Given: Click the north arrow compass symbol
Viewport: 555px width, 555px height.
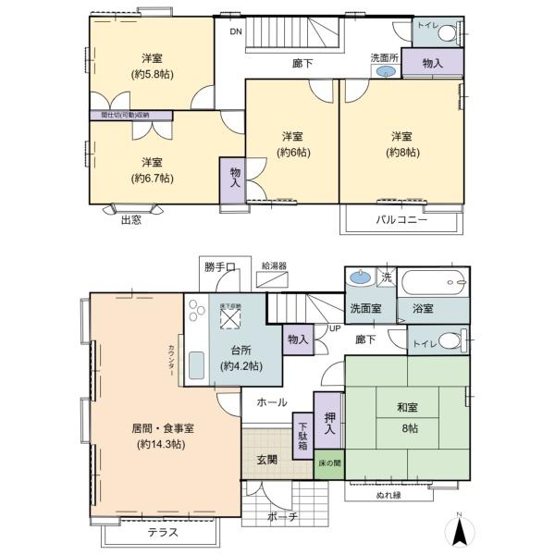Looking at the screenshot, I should (x=456, y=532).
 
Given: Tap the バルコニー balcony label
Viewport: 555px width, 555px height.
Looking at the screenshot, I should (x=401, y=221).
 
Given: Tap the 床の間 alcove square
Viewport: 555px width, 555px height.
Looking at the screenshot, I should (x=327, y=463).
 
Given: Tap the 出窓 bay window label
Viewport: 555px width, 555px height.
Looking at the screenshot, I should (x=131, y=220).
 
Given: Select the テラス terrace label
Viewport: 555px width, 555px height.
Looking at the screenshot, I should (x=163, y=534).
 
